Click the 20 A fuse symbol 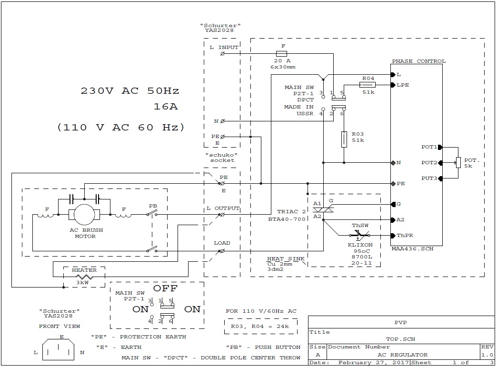[281, 54]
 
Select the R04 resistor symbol [368, 85]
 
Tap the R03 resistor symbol [344, 139]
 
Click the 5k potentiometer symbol [458, 163]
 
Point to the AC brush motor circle [84, 215]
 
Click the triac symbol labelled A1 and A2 [323, 210]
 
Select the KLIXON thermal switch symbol [359, 235]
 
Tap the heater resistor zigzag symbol [83, 277]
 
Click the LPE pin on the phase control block [393, 85]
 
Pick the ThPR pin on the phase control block [393, 236]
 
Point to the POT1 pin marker [440, 147]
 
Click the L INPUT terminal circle [222, 54]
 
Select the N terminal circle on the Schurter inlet [222, 121]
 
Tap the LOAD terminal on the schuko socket [222, 251]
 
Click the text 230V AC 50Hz [130, 90]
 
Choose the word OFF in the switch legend [165, 288]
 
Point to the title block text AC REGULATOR [402, 355]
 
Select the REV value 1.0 [487, 355]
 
